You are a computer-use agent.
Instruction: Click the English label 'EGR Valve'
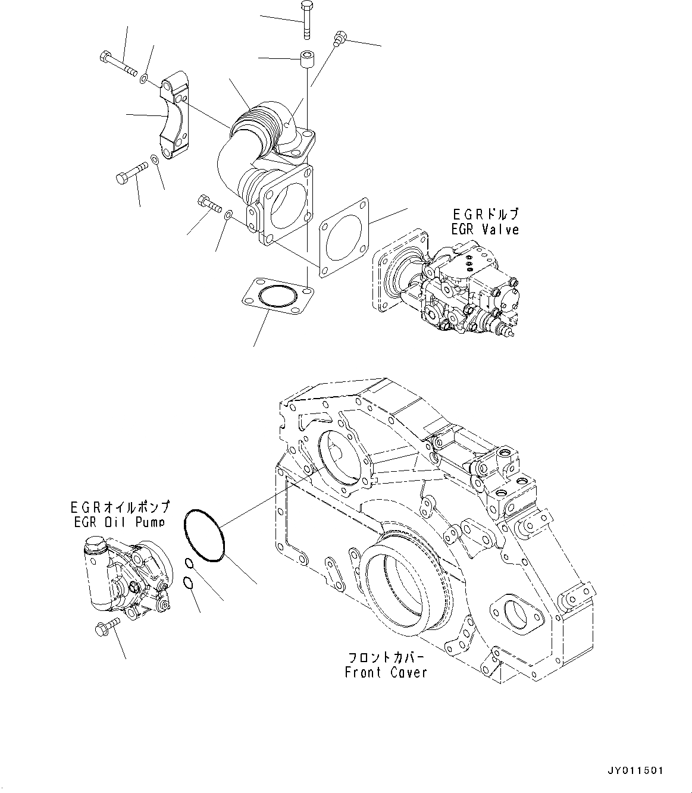(485, 229)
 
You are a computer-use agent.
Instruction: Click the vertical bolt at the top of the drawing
(306, 19)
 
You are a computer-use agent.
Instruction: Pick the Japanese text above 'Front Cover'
(386, 658)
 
